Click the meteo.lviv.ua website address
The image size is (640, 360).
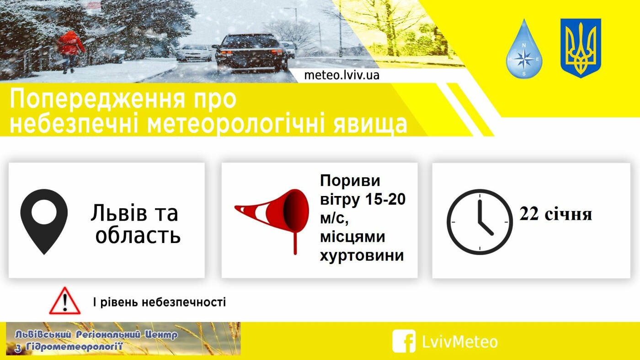click(x=342, y=75)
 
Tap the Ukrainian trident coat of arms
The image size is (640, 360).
click(x=581, y=48)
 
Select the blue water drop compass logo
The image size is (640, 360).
click(x=524, y=49)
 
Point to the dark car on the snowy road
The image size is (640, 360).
click(x=251, y=53)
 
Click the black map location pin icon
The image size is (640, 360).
click(x=44, y=222)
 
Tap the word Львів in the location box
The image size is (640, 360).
click(x=119, y=213)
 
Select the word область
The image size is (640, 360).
click(x=138, y=236)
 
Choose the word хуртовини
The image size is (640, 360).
click(x=362, y=255)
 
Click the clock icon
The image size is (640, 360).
click(x=480, y=222)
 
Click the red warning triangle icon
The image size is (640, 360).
click(x=65, y=301)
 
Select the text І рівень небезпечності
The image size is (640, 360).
click(x=160, y=302)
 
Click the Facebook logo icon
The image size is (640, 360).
click(x=404, y=341)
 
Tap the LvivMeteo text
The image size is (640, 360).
click(x=460, y=341)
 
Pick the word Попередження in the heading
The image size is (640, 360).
click(x=97, y=99)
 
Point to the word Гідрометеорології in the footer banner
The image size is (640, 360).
click(x=74, y=347)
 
